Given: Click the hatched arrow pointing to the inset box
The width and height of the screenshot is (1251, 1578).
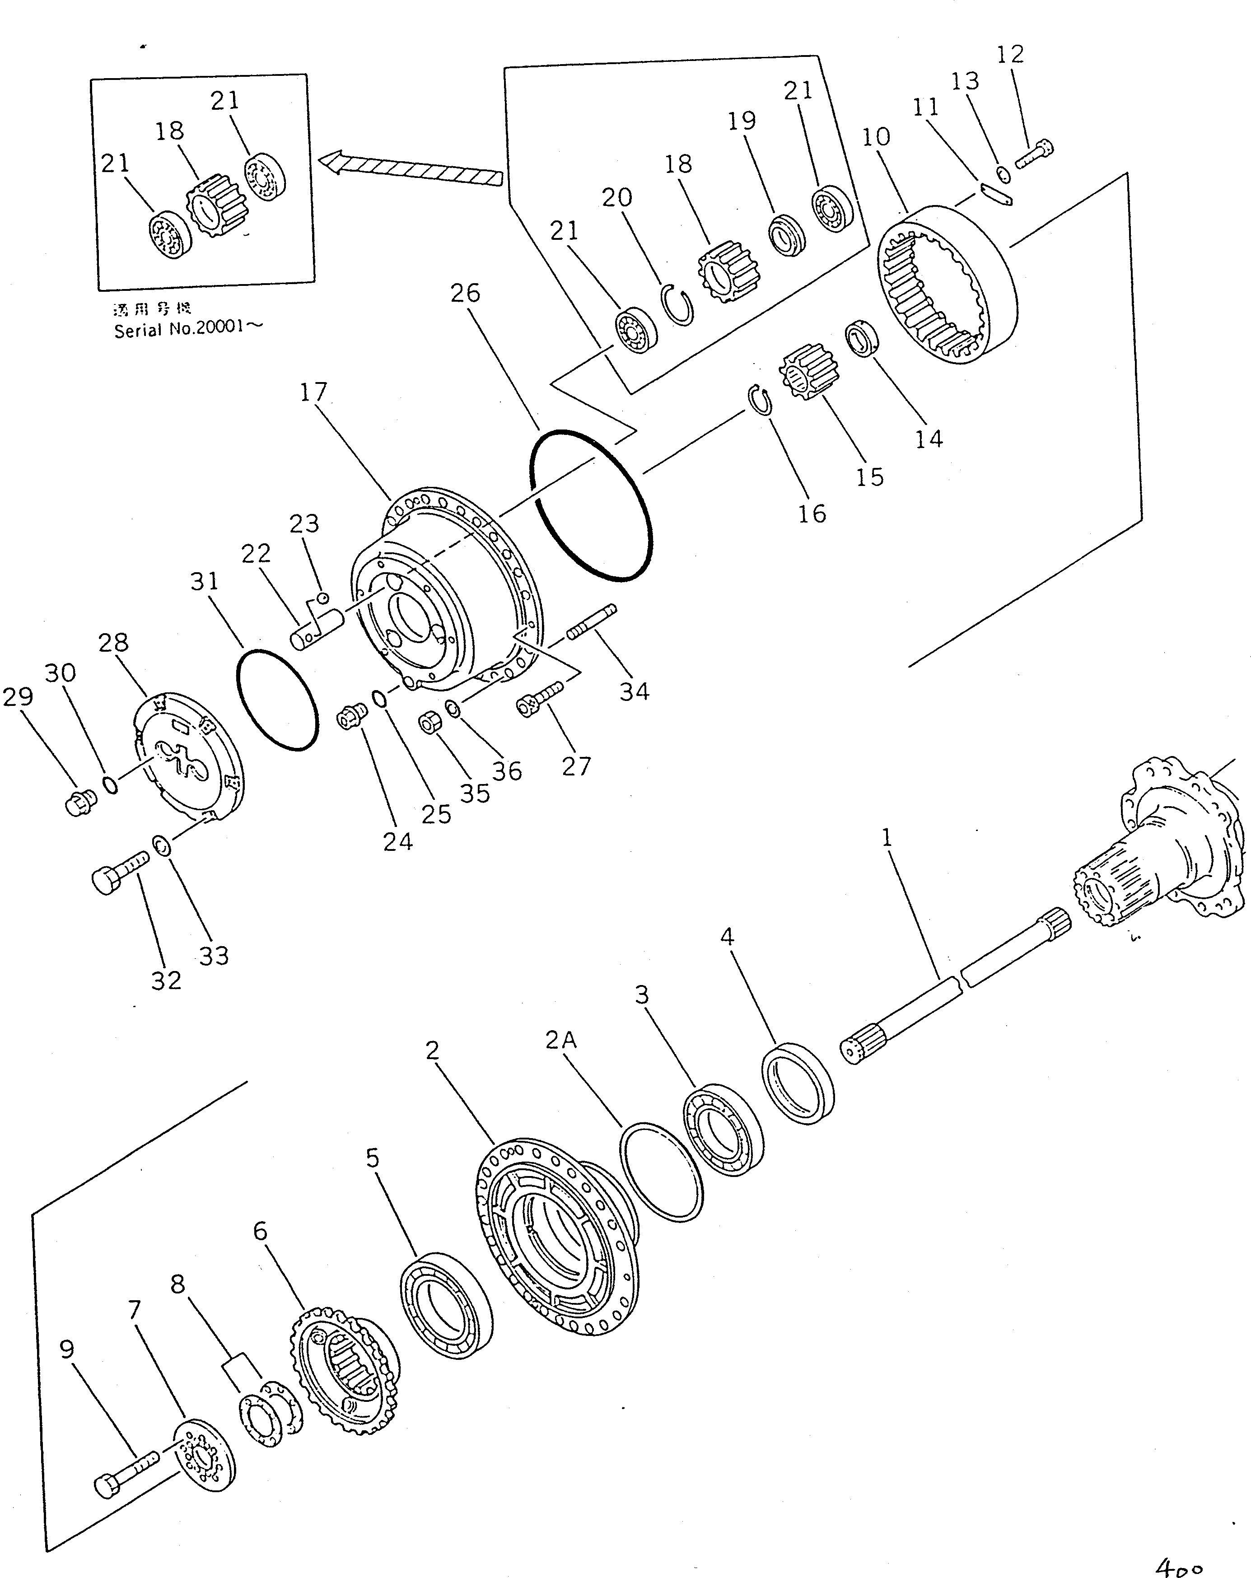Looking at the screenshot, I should pos(414,169).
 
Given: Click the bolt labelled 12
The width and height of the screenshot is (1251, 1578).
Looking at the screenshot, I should pos(1034,154).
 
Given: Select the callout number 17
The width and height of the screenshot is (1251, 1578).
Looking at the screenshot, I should pos(313,393).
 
